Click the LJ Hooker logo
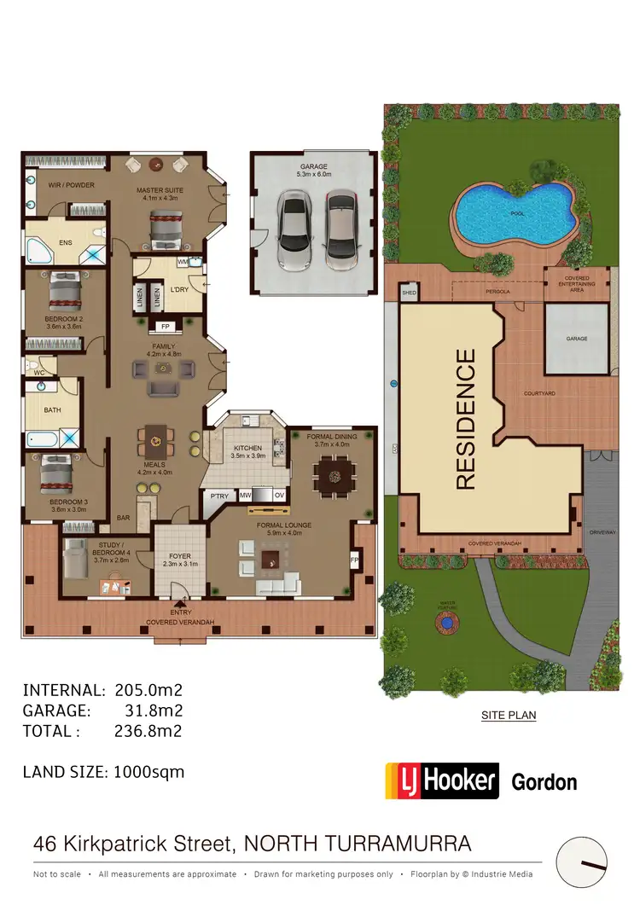(441, 780)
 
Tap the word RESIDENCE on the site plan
(465, 419)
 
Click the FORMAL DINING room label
(332, 437)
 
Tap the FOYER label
(180, 556)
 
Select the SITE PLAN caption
(509, 716)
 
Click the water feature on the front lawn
(444, 624)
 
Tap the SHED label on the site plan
(408, 293)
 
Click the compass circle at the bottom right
(581, 862)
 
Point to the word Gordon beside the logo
(544, 781)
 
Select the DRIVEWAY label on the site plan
(602, 532)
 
